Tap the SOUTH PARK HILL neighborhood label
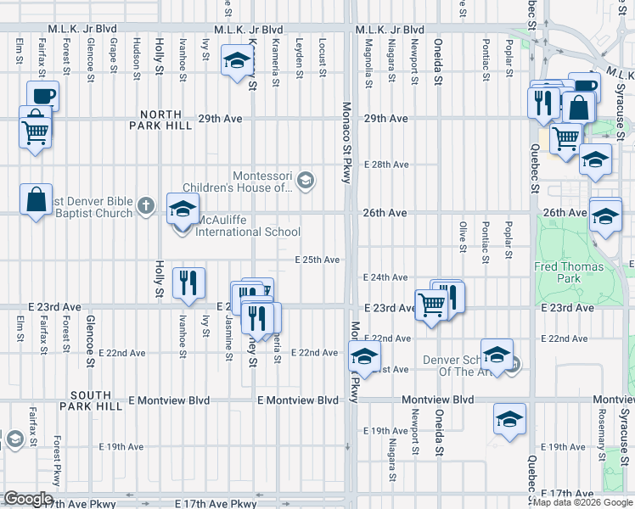coord(103,396)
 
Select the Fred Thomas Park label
coord(570,271)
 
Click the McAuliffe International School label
coord(247,232)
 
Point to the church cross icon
coord(146,206)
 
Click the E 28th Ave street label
coord(386,165)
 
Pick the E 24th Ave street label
coord(386,277)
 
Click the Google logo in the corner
coord(28,499)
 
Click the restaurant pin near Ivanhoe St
coord(188,282)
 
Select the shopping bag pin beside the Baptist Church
coord(36,200)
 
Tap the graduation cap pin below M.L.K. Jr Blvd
coord(237,60)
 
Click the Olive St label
coord(464,237)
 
